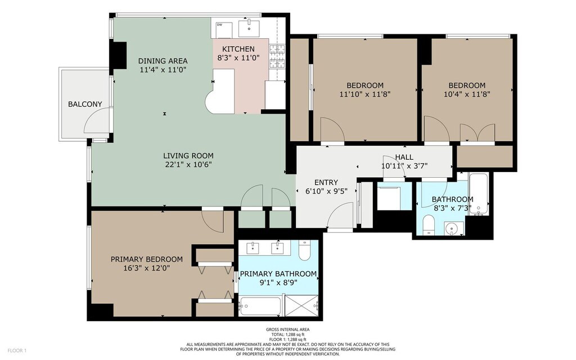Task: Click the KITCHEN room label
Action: pyautogui.click(x=238, y=49)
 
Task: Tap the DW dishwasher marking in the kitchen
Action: pyautogui.click(x=220, y=25)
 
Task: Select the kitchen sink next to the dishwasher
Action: pyautogui.click(x=249, y=28)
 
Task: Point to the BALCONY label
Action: pyautogui.click(x=85, y=104)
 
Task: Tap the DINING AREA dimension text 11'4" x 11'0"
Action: pyautogui.click(x=163, y=70)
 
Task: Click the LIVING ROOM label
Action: pyautogui.click(x=188, y=156)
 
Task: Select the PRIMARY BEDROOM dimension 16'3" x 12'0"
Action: pyautogui.click(x=147, y=268)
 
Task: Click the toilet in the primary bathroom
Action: pyautogui.click(x=304, y=250)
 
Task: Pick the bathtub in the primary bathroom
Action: pyautogui.click(x=260, y=306)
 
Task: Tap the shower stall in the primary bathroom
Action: pyautogui.click(x=302, y=305)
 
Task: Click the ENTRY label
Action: pyautogui.click(x=326, y=182)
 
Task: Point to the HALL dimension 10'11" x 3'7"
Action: pyautogui.click(x=404, y=166)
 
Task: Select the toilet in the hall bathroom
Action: pyautogui.click(x=429, y=225)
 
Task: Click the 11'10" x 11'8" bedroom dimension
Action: pyautogui.click(x=364, y=94)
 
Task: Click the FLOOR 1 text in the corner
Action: pyautogui.click(x=17, y=350)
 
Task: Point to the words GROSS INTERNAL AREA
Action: pyautogui.click(x=287, y=330)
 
